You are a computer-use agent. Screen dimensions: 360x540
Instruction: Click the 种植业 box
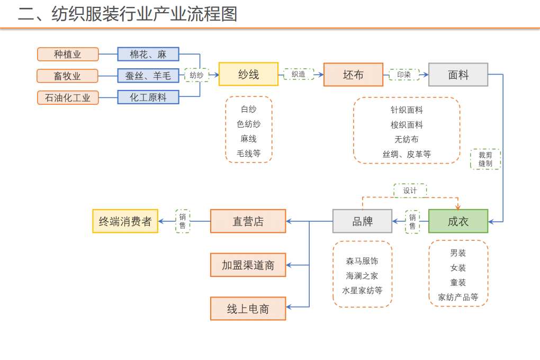[x=68, y=54]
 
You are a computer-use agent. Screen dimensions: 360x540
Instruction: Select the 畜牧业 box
[x=67, y=76]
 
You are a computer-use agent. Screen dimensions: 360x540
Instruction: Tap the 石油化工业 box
[x=68, y=97]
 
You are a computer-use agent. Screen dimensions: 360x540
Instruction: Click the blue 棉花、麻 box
[x=148, y=54]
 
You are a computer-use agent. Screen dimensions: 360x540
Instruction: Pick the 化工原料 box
[x=148, y=97]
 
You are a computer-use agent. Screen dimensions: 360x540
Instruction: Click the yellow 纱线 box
[x=248, y=75]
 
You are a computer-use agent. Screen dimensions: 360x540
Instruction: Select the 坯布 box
[x=353, y=75]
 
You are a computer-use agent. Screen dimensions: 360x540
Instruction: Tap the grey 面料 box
[x=458, y=75]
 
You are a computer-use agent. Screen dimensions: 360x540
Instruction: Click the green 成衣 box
[x=458, y=221]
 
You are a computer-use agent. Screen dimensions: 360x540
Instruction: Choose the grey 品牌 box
[x=362, y=221]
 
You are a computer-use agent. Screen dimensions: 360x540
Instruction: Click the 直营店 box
[x=248, y=221]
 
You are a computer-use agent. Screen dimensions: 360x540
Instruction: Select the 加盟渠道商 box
[x=248, y=265]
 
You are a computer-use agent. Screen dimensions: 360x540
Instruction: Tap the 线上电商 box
[x=248, y=309]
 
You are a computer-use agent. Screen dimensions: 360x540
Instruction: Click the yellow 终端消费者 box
[x=125, y=221]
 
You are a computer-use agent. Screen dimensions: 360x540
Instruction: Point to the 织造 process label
[x=299, y=75]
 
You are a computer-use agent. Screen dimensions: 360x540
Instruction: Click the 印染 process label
[x=404, y=75]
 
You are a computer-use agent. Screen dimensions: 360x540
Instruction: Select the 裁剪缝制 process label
[x=485, y=159]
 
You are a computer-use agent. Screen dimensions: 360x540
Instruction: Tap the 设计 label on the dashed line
[x=410, y=191]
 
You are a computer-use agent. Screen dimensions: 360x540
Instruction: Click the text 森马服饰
[x=362, y=261]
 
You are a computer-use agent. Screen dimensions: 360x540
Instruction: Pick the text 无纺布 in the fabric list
[x=407, y=139]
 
